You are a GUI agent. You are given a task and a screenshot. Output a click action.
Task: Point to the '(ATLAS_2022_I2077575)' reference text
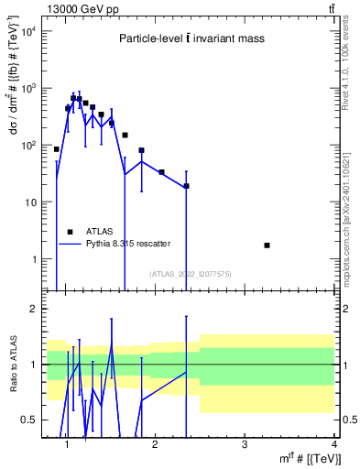point(191,273)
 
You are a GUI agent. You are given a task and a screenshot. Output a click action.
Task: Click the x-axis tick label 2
point(156,445)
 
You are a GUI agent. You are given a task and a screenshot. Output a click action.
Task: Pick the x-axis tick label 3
point(245,445)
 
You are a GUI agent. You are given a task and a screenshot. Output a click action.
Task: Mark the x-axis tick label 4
point(333,445)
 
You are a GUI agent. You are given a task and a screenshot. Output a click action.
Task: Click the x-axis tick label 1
point(67,445)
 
